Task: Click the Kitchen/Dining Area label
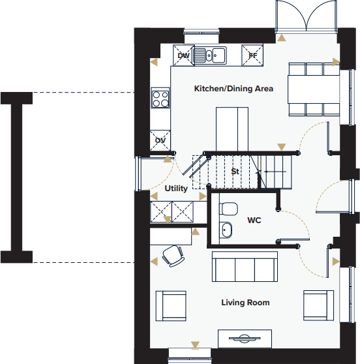tap(233, 89)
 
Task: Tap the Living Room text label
tap(245, 303)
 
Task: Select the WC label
tap(254, 220)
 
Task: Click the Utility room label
tap(176, 189)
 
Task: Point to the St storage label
tap(236, 172)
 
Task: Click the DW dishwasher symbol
tap(183, 55)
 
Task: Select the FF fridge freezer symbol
tap(252, 55)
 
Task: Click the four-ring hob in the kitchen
tap(160, 99)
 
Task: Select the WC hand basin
tap(226, 230)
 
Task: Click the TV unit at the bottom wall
tap(244, 339)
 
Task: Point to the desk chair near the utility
tap(173, 255)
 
